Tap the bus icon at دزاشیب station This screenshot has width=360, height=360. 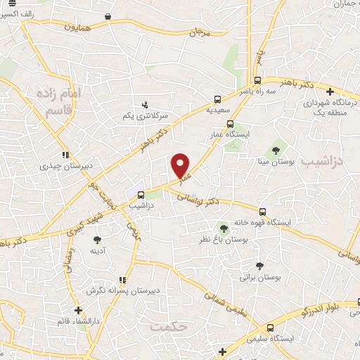[141, 195]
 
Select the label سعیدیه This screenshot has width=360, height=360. [217, 110]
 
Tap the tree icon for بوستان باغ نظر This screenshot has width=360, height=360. [224, 228]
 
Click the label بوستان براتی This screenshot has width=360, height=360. [260, 277]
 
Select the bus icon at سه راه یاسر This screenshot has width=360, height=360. [258, 79]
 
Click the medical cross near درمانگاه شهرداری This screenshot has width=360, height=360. [330, 91]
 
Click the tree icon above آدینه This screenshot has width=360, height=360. [97, 240]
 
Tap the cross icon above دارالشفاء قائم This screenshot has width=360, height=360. [78, 310]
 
